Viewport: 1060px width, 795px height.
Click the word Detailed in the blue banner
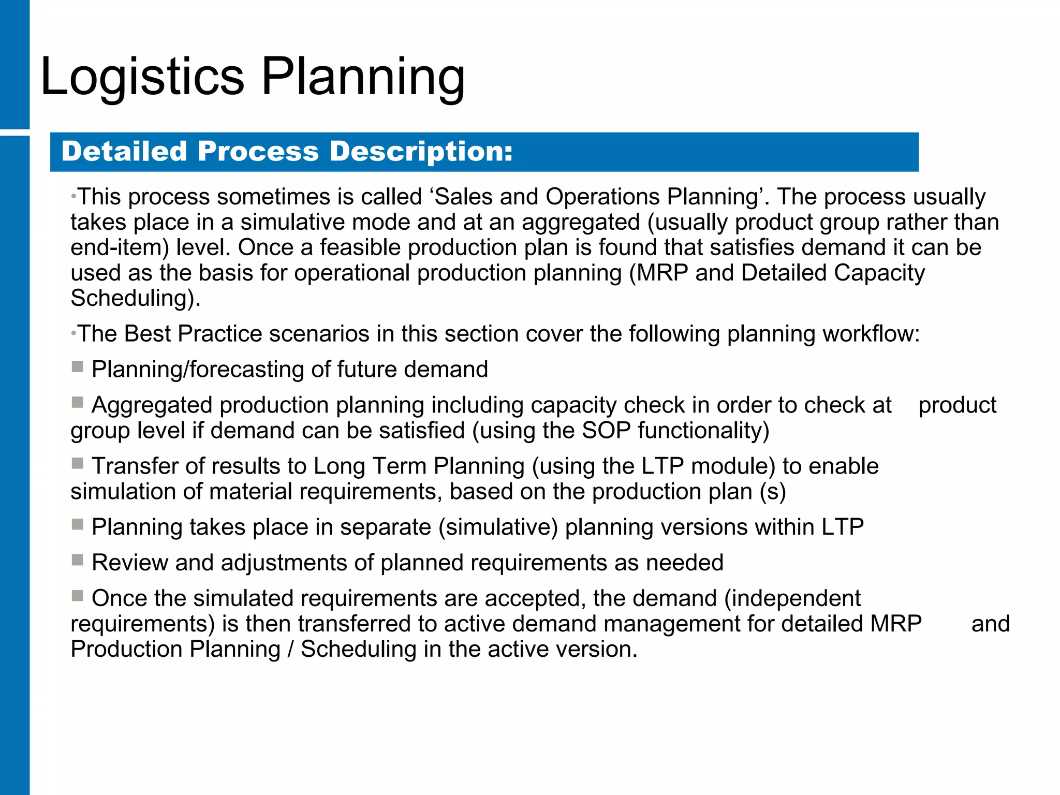coord(124,152)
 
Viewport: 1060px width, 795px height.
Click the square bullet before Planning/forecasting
coord(77,367)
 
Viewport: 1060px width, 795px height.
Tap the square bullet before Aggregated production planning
coord(77,403)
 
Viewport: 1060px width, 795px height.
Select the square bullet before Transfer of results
coord(77,463)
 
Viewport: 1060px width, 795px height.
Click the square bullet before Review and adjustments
coord(77,560)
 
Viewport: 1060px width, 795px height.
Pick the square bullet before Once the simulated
coord(77,596)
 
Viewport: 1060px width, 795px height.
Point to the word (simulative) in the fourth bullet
coord(498,527)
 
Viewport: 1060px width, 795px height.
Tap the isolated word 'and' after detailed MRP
coord(990,624)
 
